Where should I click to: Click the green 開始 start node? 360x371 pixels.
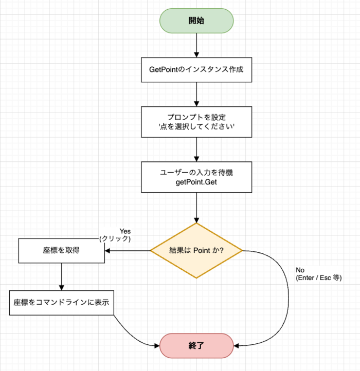pos(197,21)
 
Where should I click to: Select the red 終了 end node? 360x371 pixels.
pos(197,345)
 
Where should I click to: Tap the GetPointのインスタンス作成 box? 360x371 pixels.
pos(197,69)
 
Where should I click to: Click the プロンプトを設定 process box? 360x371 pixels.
pos(197,121)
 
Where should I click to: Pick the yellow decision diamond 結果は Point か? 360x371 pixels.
pos(197,251)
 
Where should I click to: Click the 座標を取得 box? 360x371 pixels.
pos(61,251)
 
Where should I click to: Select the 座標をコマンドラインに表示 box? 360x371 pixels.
pos(61,302)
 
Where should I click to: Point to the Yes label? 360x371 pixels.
pos(125,231)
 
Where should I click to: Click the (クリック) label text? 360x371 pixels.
pos(115,239)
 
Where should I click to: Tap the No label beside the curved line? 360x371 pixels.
pos(301,270)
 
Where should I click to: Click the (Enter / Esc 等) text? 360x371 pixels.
pos(319,277)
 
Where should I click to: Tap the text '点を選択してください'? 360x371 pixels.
pos(197,126)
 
